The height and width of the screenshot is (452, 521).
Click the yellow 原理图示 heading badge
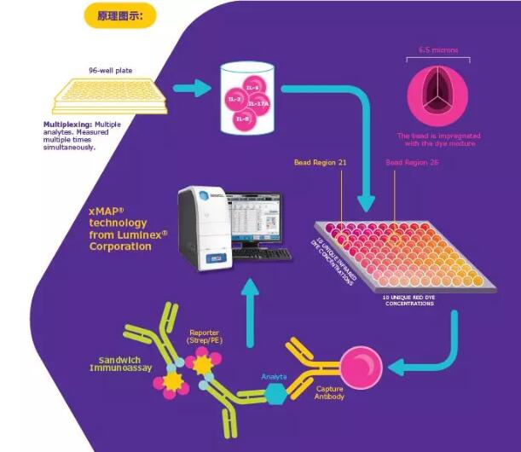coord(119,14)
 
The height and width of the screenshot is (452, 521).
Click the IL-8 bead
coord(244,120)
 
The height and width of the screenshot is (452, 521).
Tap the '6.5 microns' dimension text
coord(438,50)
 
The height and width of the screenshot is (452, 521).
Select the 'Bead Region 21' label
coord(321,162)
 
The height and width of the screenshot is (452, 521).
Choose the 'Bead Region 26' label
coord(412,162)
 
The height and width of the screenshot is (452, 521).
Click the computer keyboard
coord(262,254)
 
